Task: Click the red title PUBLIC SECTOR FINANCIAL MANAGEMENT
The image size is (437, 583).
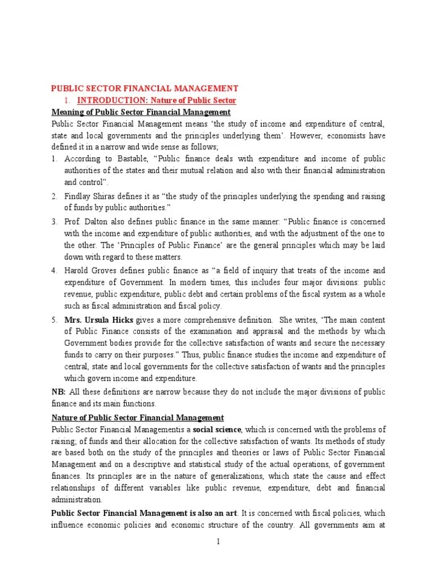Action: pos(145,88)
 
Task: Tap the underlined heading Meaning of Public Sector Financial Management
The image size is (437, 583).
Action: pos(141,112)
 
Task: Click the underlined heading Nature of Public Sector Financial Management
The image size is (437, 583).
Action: pos(138,417)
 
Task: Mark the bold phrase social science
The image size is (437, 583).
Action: pos(217,429)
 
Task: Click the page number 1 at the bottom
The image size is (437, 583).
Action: pos(218,541)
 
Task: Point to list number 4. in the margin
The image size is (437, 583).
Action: pos(55,270)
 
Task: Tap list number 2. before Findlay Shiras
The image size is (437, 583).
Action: pos(55,196)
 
